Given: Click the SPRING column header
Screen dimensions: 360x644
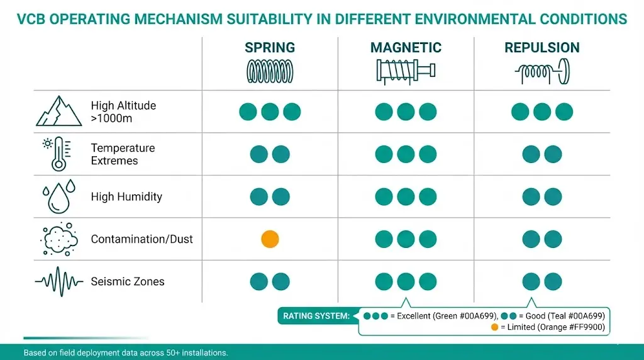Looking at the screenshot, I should click(x=269, y=48).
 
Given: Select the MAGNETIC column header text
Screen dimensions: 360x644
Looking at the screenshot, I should click(x=406, y=48).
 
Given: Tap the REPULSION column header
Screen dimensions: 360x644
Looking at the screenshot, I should click(x=541, y=48).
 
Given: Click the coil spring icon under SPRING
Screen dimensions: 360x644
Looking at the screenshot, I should click(x=269, y=72).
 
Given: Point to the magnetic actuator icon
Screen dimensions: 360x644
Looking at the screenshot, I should click(x=405, y=72).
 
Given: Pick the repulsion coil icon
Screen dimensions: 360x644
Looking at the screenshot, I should click(x=541, y=72).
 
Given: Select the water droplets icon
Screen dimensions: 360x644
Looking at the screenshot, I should click(x=58, y=196).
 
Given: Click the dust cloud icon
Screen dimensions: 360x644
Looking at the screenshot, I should click(x=58, y=239).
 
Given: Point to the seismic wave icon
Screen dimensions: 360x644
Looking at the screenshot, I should click(x=58, y=281).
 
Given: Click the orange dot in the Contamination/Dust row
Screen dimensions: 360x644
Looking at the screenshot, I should click(x=270, y=239).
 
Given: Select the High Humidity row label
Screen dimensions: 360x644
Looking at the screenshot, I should click(x=126, y=197).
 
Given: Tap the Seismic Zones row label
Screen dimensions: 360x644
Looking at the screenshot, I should click(x=128, y=281).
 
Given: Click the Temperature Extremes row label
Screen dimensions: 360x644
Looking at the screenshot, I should click(x=123, y=154).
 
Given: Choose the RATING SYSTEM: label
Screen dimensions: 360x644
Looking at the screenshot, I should click(x=316, y=315).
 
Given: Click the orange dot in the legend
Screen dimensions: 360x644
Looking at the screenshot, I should click(x=494, y=327).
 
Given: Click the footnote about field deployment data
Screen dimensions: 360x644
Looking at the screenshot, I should click(x=126, y=352).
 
